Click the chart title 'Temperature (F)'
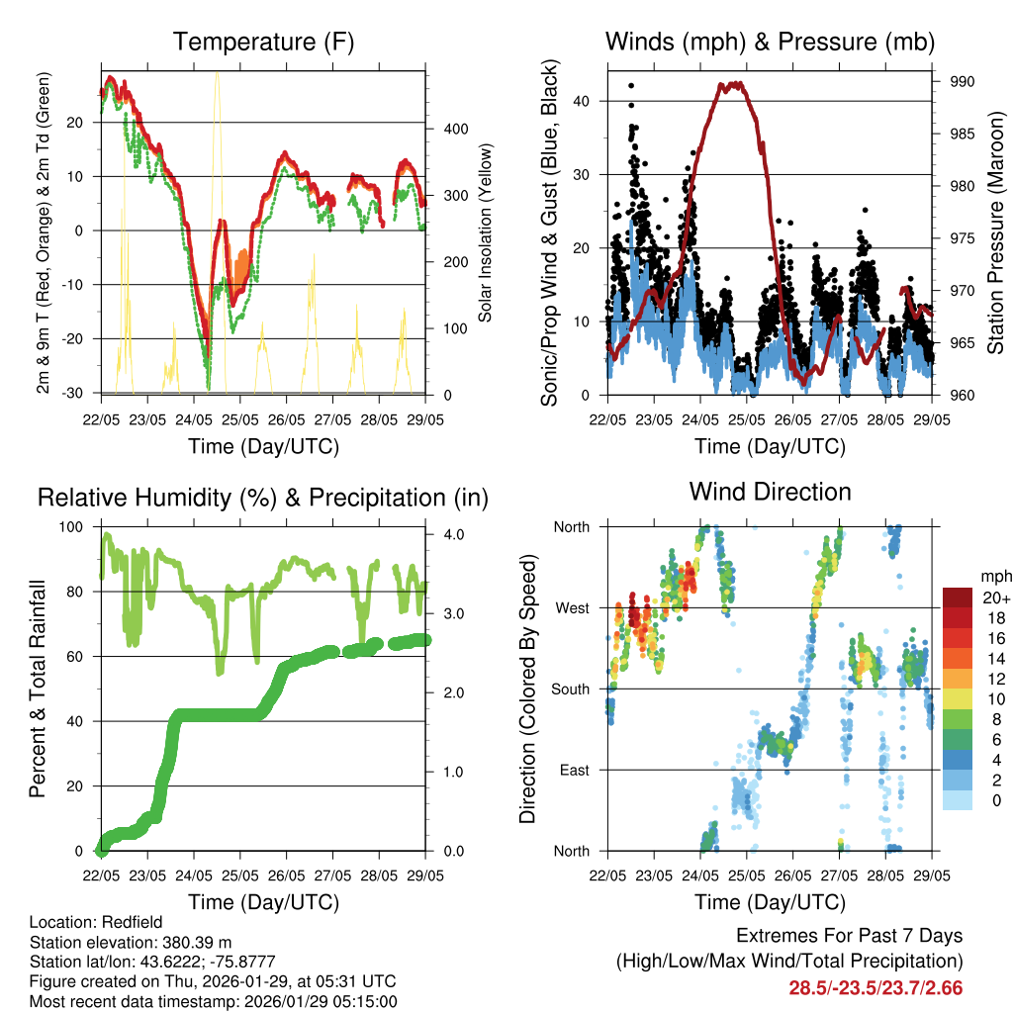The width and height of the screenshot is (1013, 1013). click(x=263, y=43)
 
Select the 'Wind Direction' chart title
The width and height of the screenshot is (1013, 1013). click(x=770, y=492)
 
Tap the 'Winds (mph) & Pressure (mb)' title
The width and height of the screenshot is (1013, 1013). click(x=770, y=43)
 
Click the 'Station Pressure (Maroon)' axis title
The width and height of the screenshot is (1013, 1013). click(x=995, y=232)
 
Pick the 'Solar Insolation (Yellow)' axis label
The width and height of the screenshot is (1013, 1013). click(x=486, y=232)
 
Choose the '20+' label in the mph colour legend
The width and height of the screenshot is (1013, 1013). click(x=994, y=598)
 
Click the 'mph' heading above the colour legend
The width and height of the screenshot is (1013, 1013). click(x=994, y=575)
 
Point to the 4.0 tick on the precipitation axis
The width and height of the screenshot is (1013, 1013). click(x=452, y=534)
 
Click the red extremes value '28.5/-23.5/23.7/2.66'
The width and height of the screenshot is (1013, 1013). click(x=875, y=987)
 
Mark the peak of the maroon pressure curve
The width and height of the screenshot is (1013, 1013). click(x=732, y=85)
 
